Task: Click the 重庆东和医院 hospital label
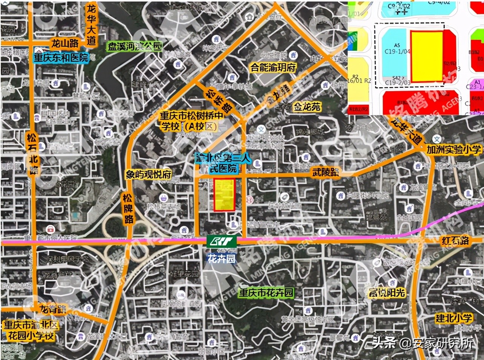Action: tap(61, 58)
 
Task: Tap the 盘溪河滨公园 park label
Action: tap(135, 46)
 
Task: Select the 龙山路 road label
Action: tap(64, 43)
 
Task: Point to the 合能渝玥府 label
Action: tap(273, 68)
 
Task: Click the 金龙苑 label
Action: tap(307, 107)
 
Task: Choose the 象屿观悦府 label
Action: tap(149, 174)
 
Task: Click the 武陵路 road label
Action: tap(325, 172)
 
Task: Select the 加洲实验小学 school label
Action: tap(454, 149)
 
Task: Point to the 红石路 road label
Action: tap(455, 240)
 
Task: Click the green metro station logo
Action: tap(221, 241)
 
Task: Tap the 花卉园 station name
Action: tap(221, 258)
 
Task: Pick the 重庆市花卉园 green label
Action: tap(266, 293)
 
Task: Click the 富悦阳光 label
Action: tap(387, 293)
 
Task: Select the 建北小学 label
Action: tap(453, 318)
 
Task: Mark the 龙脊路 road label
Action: tap(53, 310)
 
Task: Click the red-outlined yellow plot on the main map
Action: tap(225, 195)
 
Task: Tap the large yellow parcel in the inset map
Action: tap(427, 56)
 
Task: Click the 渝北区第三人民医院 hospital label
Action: tap(223, 163)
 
